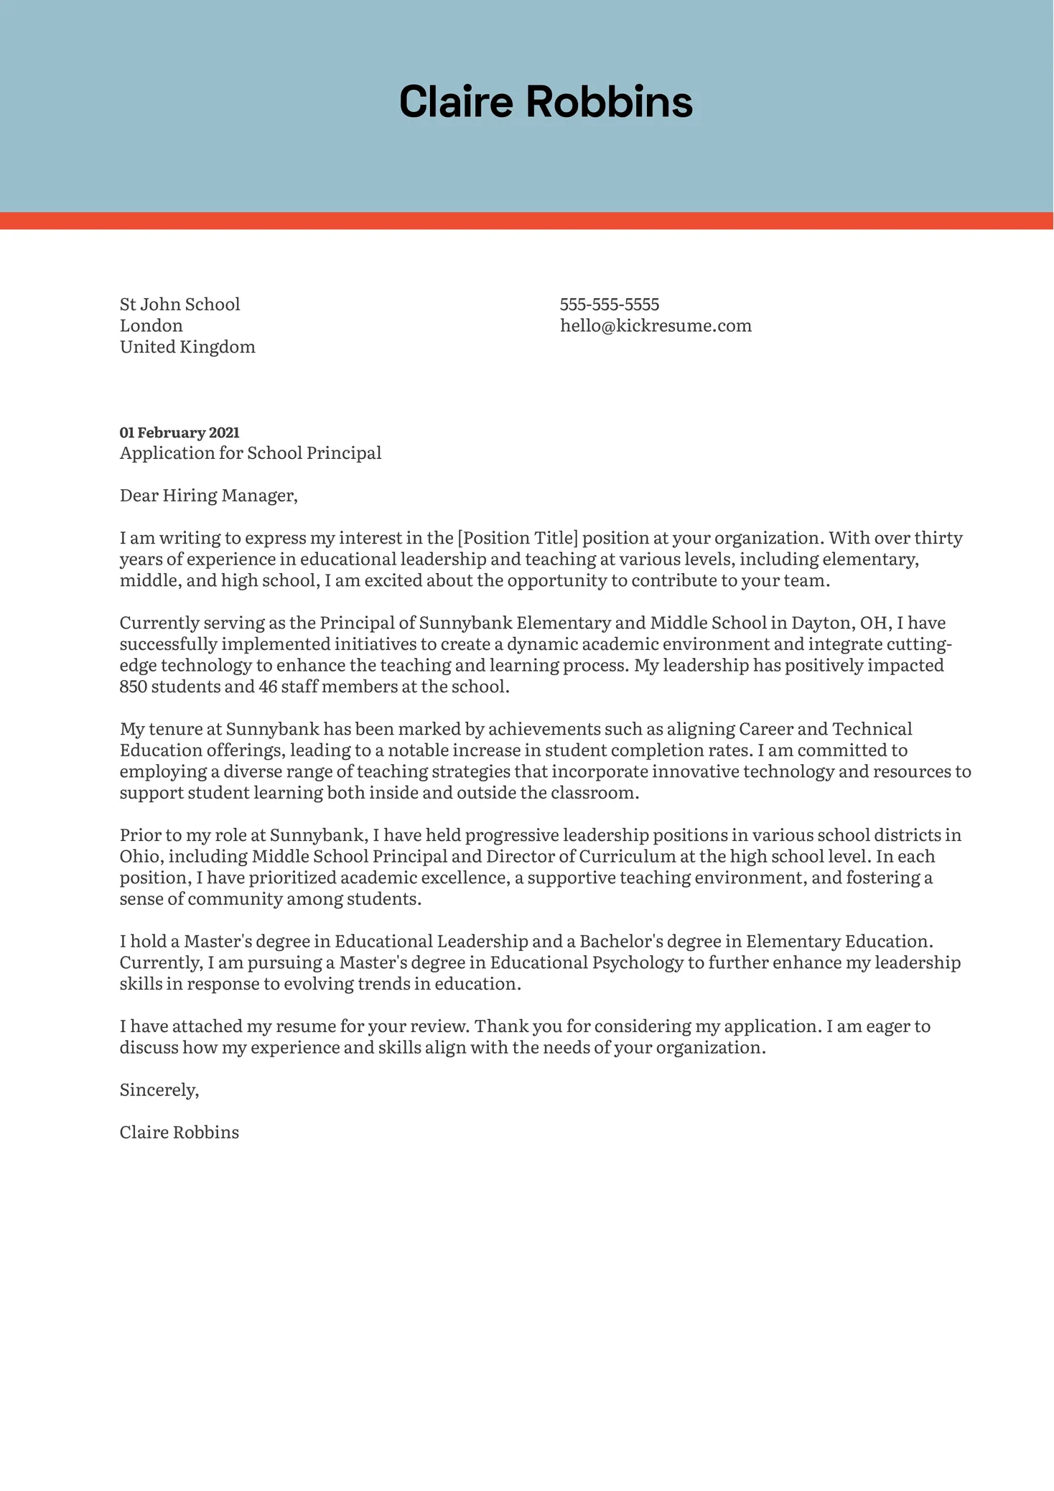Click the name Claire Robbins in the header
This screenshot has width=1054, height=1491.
click(x=546, y=101)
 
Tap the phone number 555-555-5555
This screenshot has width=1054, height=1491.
click(x=609, y=305)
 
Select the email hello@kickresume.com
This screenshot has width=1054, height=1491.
click(x=656, y=326)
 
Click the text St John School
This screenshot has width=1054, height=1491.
click(x=179, y=305)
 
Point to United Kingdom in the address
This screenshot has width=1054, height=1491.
click(x=187, y=347)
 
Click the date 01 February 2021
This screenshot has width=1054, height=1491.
click(x=179, y=432)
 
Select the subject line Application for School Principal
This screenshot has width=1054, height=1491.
click(x=251, y=453)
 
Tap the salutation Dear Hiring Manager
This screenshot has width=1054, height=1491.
click(x=208, y=496)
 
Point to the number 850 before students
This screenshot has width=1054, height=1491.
click(x=133, y=687)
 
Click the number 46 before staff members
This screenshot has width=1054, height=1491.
click(x=268, y=687)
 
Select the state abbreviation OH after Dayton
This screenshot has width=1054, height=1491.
click(x=873, y=623)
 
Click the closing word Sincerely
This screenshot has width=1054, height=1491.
click(x=158, y=1090)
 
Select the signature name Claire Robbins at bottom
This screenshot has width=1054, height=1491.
click(x=179, y=1133)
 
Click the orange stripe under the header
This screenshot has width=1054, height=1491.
click(x=527, y=220)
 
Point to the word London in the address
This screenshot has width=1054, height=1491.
click(x=151, y=326)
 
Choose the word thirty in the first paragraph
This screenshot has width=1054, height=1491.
click(x=938, y=538)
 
